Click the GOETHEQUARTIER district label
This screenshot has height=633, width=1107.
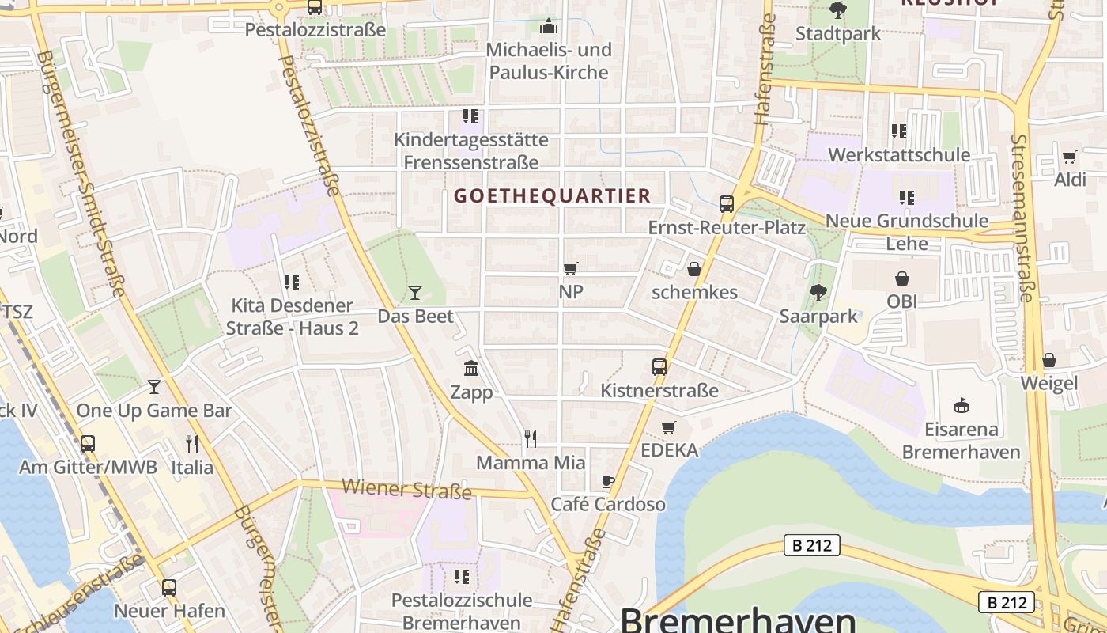coord(553,195)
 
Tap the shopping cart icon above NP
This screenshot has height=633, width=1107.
coord(570,269)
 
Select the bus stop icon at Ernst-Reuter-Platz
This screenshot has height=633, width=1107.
coord(727,204)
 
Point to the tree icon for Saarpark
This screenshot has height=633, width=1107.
coord(818,293)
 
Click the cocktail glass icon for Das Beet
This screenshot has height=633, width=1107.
coord(415,293)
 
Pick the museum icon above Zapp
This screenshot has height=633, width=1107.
coord(471,368)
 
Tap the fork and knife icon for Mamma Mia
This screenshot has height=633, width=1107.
coord(531,438)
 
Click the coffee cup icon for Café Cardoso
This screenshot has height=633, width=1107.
coord(607,481)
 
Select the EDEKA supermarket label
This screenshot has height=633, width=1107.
coord(670,450)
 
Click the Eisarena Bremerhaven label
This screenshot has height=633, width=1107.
coord(962,442)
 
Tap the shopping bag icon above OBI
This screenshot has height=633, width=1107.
coord(901,279)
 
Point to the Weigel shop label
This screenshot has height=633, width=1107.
coord(1049,384)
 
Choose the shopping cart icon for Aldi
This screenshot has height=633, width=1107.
coord(1070,157)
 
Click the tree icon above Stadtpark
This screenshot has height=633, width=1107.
coord(837,11)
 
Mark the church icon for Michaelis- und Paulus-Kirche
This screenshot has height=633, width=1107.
coord(548,27)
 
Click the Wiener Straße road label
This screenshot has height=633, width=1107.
coord(407,489)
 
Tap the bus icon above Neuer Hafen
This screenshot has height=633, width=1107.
coord(169,588)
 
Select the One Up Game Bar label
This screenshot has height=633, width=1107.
coord(154,411)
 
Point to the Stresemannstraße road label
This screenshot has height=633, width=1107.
coord(1022,218)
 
